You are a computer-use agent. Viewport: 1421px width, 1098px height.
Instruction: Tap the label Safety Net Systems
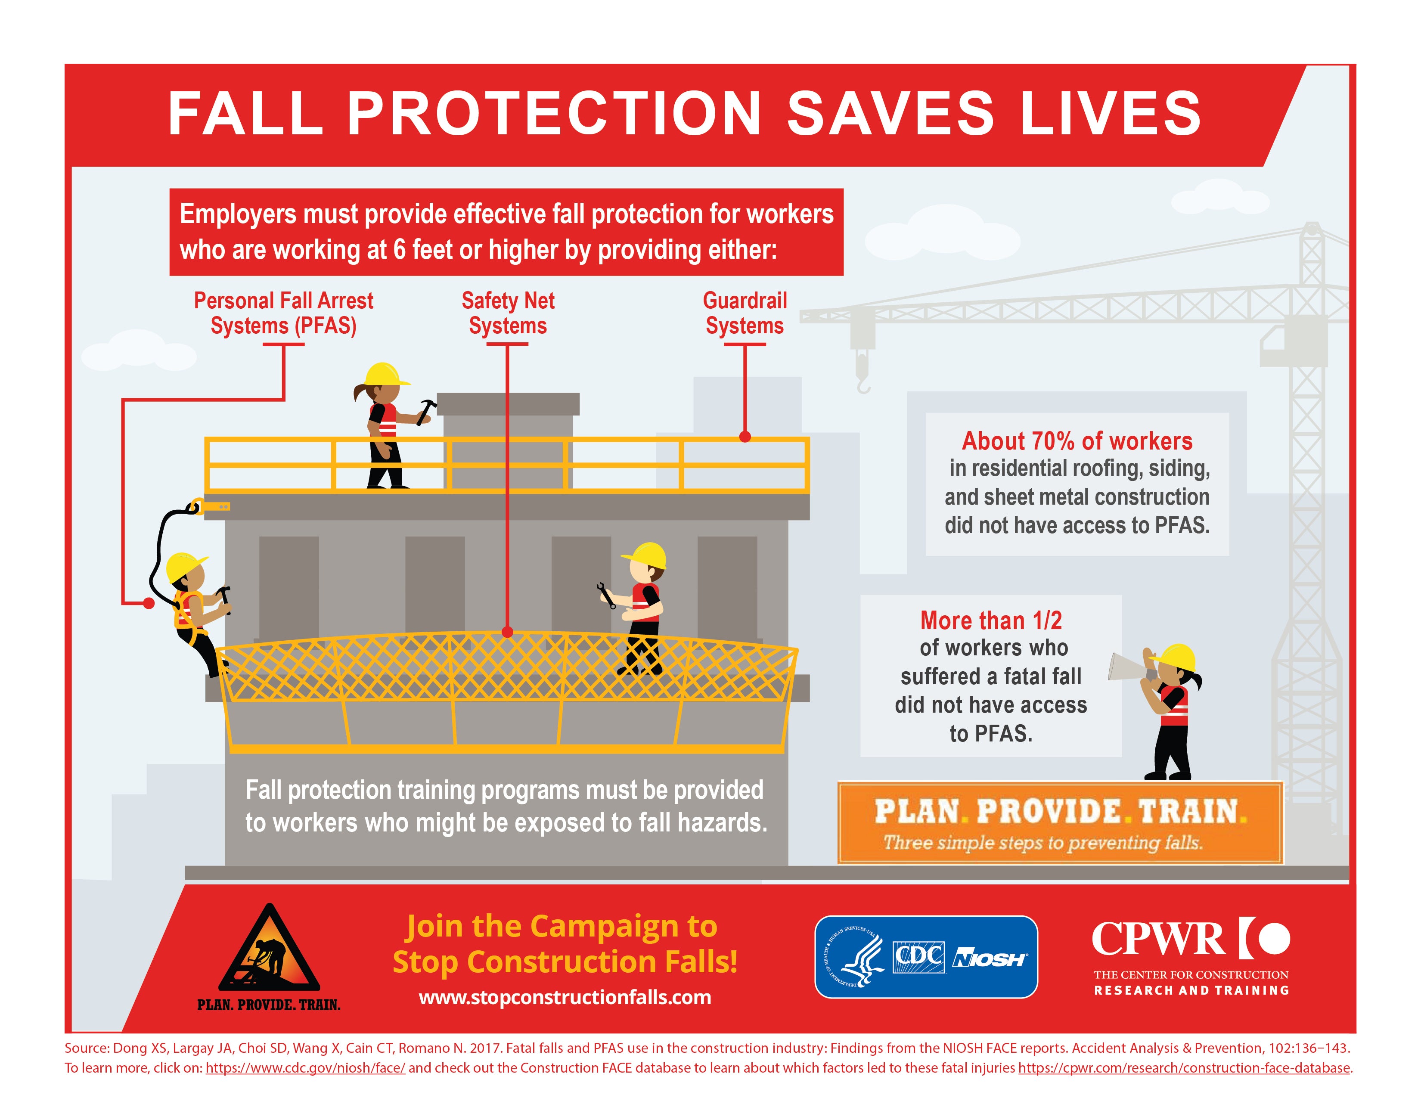click(508, 313)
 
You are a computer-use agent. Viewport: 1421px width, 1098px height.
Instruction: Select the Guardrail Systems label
click(745, 313)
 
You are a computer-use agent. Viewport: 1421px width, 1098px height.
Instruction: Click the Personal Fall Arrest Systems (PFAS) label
click(284, 313)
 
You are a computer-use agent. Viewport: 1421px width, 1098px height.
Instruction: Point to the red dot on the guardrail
click(745, 437)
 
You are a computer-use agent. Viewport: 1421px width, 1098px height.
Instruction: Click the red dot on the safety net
click(508, 632)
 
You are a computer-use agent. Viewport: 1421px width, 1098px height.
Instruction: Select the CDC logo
click(918, 957)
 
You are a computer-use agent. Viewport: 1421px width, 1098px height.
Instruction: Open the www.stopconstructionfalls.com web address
click(565, 997)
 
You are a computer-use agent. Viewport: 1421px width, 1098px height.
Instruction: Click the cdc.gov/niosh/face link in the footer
click(305, 1068)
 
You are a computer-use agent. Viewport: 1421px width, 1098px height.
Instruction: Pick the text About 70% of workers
click(1077, 441)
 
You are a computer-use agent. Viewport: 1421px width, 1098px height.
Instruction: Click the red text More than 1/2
click(990, 620)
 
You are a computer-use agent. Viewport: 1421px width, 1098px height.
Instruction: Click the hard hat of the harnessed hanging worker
click(186, 567)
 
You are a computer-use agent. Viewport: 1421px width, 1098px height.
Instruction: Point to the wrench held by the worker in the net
click(606, 596)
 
